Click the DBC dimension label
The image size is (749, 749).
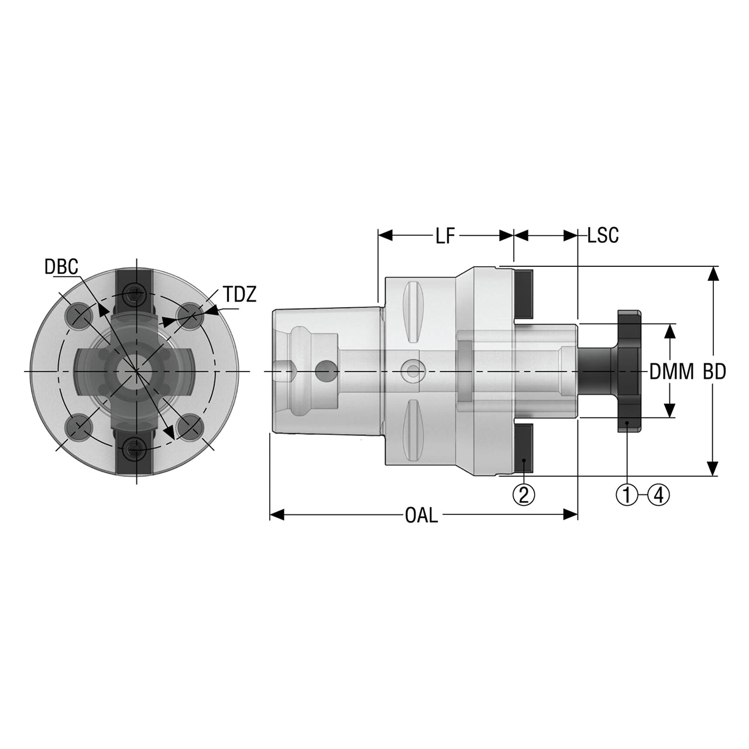61,267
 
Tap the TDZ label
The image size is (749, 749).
240,294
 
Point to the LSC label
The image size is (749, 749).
603,236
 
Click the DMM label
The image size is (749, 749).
672,372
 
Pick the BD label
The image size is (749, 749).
714,372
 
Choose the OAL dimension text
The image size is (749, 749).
421,516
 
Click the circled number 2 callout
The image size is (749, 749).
524,495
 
